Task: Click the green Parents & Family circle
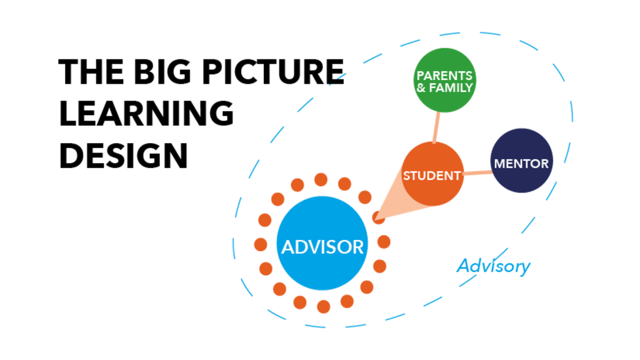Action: pyautogui.click(x=444, y=81)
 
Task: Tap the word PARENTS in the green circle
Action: pyautogui.click(x=444, y=76)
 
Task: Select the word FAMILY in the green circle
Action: pyautogui.click(x=451, y=88)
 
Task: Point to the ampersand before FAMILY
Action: pyautogui.click(x=421, y=88)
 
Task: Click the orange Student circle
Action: pyautogui.click(x=432, y=174)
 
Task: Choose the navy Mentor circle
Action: pyautogui.click(x=521, y=161)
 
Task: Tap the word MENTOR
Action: pyautogui.click(x=521, y=164)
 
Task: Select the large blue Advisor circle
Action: pyautogui.click(x=322, y=244)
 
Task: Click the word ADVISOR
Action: pyautogui.click(x=322, y=247)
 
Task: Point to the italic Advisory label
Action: pyautogui.click(x=493, y=266)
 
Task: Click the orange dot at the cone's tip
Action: pyautogui.click(x=378, y=217)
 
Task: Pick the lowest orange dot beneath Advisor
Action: pyautogui.click(x=323, y=306)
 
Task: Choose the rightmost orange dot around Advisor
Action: pyautogui.click(x=384, y=242)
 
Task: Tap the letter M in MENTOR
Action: pyautogui.click(x=500, y=164)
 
